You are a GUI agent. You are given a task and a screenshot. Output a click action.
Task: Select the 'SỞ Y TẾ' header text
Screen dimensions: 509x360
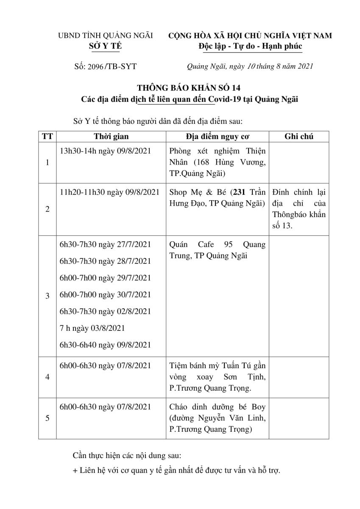click(x=105, y=46)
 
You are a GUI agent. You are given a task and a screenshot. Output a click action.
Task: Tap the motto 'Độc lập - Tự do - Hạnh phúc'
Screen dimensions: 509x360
click(x=250, y=46)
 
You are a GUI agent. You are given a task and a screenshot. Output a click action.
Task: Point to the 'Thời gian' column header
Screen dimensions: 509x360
click(x=111, y=137)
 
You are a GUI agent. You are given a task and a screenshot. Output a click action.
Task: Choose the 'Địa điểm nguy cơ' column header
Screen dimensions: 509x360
click(x=217, y=137)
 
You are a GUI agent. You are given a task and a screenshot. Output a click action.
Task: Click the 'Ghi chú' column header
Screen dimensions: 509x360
click(x=299, y=137)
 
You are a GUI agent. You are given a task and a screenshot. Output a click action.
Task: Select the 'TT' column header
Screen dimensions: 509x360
click(x=47, y=137)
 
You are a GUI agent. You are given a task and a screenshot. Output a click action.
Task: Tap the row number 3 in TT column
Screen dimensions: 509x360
click(x=47, y=296)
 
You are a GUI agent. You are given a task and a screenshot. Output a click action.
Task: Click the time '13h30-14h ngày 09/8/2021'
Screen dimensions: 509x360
click(x=106, y=151)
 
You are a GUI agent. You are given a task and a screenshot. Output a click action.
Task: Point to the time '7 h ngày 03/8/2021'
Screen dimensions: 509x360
click(x=92, y=328)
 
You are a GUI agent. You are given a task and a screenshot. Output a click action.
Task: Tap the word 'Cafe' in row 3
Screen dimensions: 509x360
click(x=206, y=245)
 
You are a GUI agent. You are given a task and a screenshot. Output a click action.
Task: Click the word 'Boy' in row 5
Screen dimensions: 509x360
click(x=257, y=407)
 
